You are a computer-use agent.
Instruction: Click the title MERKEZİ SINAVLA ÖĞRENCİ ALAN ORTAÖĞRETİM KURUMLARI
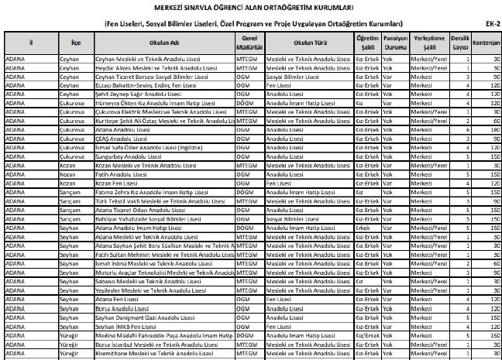tap(251, 7)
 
